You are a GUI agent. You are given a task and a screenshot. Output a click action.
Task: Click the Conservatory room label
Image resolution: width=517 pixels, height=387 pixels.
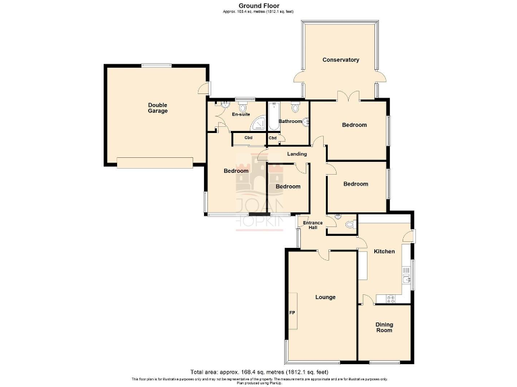[x=341, y=60]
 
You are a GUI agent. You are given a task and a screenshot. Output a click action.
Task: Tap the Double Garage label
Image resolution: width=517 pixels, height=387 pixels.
[x=158, y=107]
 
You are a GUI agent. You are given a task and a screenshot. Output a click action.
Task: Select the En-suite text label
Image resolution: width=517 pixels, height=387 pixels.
[x=240, y=114]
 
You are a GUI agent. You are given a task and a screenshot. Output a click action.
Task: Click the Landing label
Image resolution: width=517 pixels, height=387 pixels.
[x=297, y=154]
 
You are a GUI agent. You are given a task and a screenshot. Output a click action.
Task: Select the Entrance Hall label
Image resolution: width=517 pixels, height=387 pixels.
[x=312, y=225]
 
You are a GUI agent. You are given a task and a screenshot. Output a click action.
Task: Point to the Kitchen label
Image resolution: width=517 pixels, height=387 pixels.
[x=384, y=251]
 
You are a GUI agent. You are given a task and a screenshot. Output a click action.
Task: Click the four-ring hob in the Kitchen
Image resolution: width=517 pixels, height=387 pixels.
[x=386, y=298]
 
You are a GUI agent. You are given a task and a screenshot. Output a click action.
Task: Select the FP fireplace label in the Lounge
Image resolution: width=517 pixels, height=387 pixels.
[x=292, y=312]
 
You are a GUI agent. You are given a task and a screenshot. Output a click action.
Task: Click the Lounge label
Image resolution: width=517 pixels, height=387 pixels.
[x=325, y=296]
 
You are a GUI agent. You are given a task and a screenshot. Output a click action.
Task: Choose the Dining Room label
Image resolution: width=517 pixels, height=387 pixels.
[x=384, y=327]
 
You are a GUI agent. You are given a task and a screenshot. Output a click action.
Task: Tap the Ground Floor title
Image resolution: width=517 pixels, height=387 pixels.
[x=258, y=5]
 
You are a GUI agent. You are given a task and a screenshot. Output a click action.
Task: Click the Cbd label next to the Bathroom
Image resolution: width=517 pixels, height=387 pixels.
[x=273, y=138]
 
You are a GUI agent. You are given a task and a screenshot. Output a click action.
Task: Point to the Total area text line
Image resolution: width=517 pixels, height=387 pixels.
[x=259, y=372]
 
